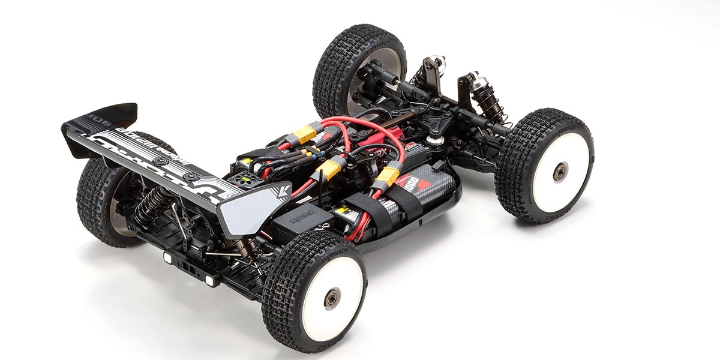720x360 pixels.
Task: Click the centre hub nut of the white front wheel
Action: [x=559, y=172]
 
